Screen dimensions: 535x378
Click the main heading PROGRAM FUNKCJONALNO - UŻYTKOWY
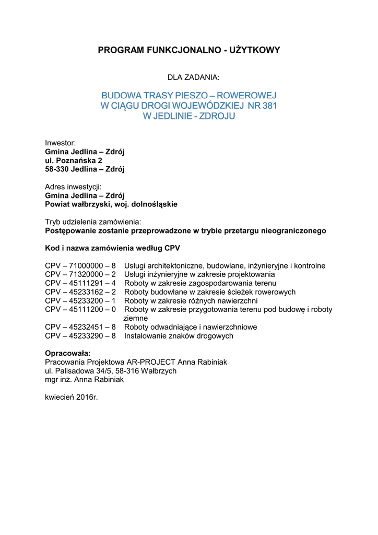[x=189, y=50]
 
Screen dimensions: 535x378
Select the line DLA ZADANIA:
[x=193, y=77]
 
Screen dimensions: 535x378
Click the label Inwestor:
[x=61, y=143]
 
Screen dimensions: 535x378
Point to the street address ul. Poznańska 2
[x=74, y=160]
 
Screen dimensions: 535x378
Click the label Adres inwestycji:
[x=73, y=187]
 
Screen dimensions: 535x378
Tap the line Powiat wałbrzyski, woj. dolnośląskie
[x=111, y=204]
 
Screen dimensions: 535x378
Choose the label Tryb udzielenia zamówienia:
[x=93, y=222]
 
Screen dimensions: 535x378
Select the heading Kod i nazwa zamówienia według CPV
[x=113, y=248]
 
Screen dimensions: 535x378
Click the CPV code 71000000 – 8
[x=92, y=266]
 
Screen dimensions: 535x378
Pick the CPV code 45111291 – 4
[x=92, y=283]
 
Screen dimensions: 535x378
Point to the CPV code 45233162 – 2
[x=92, y=292]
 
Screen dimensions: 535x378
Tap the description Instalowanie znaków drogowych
[x=179, y=336]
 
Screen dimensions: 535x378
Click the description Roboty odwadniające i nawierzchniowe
[x=191, y=327]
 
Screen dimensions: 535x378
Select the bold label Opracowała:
[x=68, y=353]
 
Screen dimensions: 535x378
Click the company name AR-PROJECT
[x=152, y=362]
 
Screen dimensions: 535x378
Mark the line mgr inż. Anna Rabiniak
[x=85, y=380]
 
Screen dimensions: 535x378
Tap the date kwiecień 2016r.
[x=72, y=397]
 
